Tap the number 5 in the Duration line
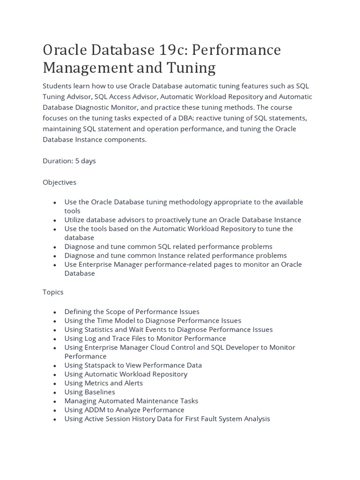click(77, 161)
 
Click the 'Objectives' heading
click(60, 182)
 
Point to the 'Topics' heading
click(53, 292)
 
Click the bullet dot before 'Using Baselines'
click(55, 392)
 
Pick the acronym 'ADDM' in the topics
click(95, 410)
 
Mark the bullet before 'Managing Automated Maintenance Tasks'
click(55, 401)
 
